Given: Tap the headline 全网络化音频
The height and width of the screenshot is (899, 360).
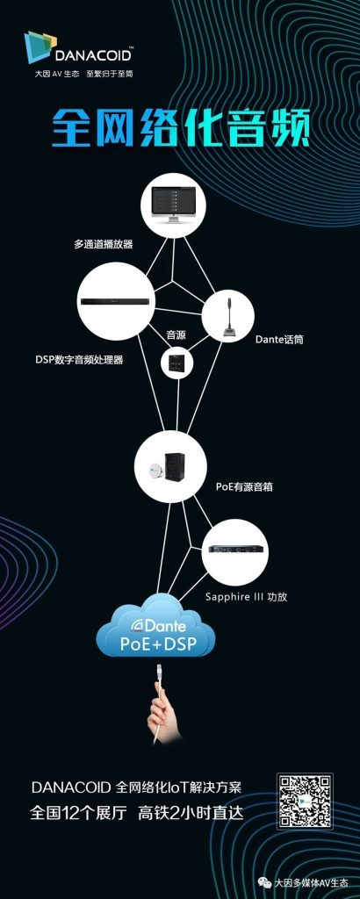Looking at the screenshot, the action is pos(181,127).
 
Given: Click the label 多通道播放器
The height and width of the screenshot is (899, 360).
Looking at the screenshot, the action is pos(104,244).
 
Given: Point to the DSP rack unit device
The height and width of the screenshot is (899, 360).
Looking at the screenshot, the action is pos(117,302).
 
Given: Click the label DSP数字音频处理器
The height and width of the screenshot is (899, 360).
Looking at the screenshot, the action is pos(79,360).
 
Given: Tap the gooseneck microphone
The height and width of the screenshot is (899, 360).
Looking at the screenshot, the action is pos(227,318).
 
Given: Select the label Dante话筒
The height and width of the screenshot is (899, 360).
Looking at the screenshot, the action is pos(279,340).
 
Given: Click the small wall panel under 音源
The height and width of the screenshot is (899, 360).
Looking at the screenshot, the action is pos(176,363).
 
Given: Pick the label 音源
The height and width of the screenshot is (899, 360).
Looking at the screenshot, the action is pos(176,334).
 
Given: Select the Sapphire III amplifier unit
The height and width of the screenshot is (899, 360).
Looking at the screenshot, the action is pos(235,549).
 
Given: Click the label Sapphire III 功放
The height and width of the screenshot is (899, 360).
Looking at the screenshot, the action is pos(246,597).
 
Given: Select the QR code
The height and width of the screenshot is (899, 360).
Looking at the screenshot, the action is pos(305,801).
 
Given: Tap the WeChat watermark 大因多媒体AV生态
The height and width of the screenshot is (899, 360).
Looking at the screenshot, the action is pos(311,883).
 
